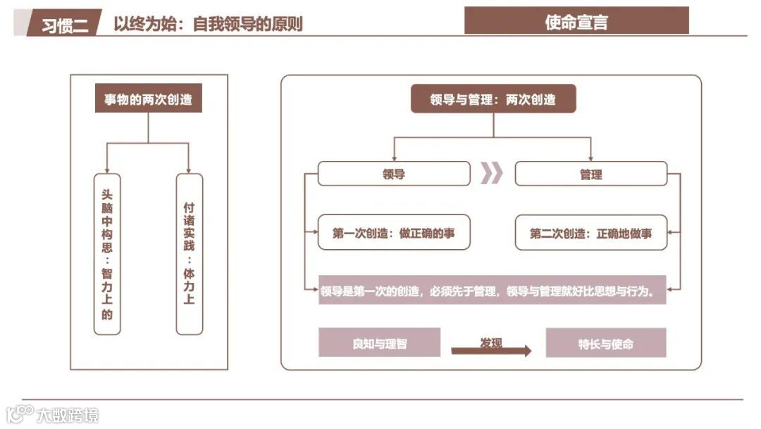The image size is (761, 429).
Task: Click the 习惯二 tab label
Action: click(65, 25)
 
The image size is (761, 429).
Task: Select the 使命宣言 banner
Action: click(576, 22)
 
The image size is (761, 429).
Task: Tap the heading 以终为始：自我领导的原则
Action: click(208, 23)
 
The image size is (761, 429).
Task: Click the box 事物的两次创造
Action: click(148, 99)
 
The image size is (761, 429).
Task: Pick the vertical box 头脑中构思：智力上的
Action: click(107, 254)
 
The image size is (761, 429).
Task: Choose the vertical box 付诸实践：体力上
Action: click(189, 254)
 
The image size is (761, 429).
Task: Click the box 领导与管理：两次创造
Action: click(493, 99)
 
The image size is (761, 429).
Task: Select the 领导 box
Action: click(393, 174)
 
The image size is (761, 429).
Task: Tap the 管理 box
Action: click(590, 174)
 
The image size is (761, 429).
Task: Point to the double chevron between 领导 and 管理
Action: click(492, 173)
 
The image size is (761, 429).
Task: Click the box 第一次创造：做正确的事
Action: click(393, 233)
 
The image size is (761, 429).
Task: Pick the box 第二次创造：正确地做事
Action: click(590, 233)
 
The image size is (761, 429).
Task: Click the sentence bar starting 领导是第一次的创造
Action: click(492, 290)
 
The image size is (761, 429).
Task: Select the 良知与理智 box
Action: click(379, 344)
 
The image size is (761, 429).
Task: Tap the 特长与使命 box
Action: click(605, 344)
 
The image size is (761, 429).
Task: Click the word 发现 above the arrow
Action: click(491, 342)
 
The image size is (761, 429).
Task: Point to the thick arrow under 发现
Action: click(491, 351)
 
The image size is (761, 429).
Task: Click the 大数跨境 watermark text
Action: click(68, 413)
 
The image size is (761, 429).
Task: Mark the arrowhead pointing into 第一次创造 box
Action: click(314, 232)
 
